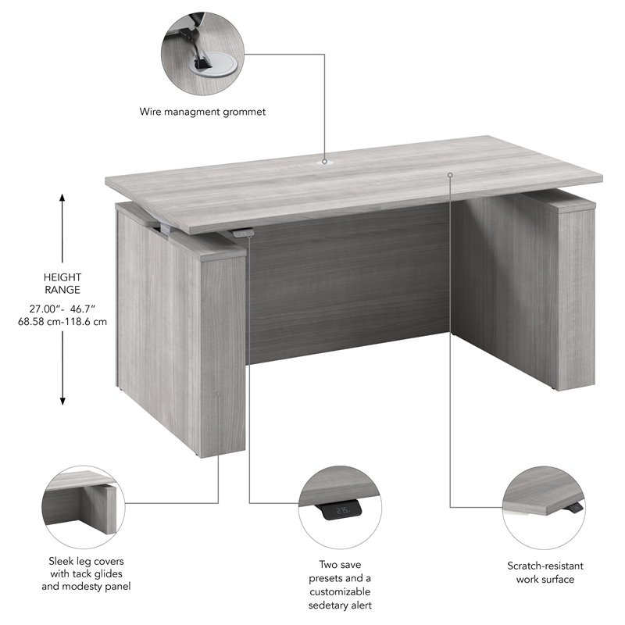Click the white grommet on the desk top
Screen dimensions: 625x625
325,162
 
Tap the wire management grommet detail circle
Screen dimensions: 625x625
202,54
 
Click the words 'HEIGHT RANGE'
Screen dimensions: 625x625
63,284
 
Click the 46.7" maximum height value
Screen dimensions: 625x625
88,309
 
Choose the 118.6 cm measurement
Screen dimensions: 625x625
87,322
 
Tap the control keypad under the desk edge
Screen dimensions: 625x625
243,232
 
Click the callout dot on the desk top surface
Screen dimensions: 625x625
450,174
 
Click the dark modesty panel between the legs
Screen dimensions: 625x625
348,289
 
